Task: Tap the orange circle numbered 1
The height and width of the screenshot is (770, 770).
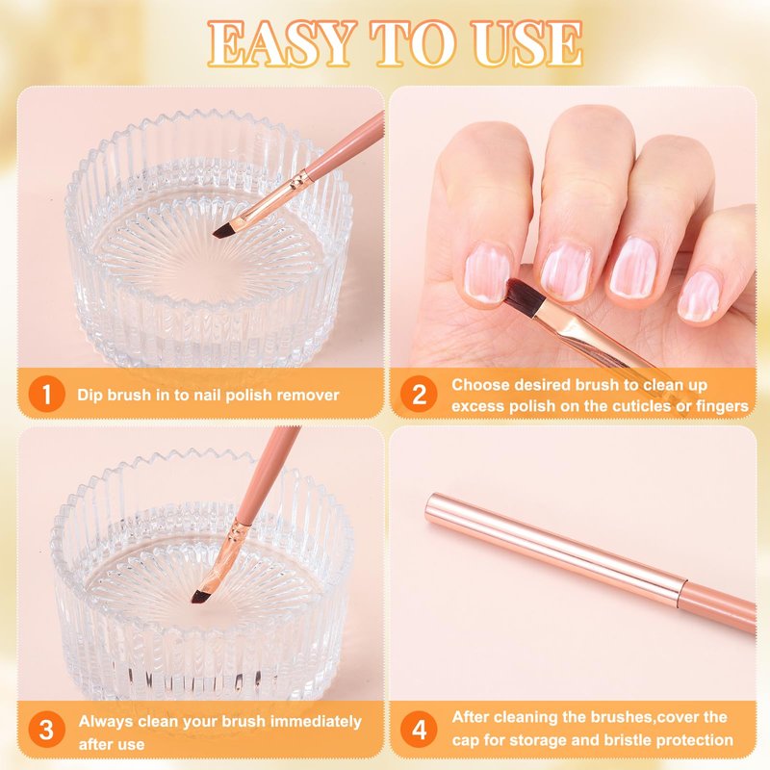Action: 46,394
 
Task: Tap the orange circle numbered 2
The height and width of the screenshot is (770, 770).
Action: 419,394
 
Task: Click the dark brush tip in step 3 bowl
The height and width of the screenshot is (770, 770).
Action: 200,596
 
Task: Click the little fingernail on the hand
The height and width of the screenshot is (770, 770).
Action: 700,296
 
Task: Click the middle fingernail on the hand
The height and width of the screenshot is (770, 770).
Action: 565,270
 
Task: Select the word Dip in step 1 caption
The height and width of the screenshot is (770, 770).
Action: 89,395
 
